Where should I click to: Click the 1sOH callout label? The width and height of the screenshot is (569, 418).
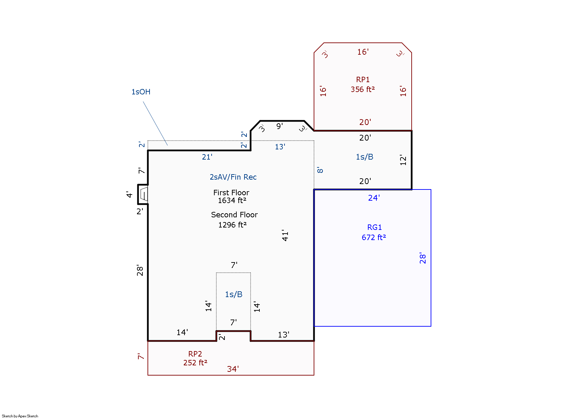141,92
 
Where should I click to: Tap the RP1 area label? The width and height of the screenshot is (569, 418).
362,80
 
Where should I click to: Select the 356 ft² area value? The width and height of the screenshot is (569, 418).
362,89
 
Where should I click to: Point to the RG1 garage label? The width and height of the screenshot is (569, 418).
374,227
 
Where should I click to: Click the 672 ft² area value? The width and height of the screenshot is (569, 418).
374,237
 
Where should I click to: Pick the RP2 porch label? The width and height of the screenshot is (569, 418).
195,354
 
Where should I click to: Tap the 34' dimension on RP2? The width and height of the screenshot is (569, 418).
233,369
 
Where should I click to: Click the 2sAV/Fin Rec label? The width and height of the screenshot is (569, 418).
233,177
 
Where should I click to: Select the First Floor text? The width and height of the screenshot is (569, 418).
231,193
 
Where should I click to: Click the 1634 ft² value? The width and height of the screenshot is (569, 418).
232,200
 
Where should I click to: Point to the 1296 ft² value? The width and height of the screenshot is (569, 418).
232,225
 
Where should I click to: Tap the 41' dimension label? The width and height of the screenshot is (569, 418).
285,235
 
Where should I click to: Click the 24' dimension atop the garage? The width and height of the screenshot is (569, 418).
374,198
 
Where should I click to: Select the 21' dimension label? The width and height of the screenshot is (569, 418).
207,157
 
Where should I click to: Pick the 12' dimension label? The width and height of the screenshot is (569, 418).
403,160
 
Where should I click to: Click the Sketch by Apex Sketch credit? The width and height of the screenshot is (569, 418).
20,416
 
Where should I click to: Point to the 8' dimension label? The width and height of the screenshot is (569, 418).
320,170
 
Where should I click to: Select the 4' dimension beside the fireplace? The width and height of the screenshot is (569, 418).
129,195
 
